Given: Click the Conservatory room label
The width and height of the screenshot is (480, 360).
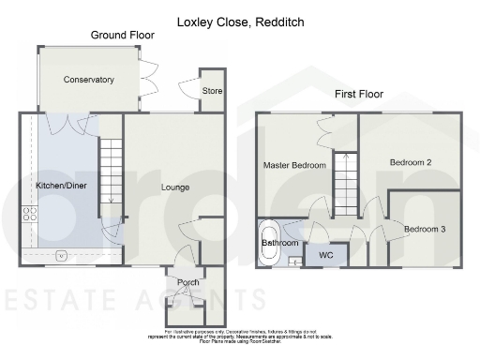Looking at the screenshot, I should [x=88, y=80].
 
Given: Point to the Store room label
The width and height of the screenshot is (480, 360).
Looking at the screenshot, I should [x=213, y=90].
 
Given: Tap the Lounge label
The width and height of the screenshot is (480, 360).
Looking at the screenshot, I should [x=174, y=187].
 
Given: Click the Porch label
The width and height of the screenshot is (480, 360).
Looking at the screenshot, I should [x=188, y=282].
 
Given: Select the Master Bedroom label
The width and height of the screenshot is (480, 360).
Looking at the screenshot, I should [x=294, y=165].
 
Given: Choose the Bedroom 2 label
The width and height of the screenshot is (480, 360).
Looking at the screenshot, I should [x=410, y=162].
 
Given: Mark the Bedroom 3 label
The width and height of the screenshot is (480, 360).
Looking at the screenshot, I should [x=425, y=230].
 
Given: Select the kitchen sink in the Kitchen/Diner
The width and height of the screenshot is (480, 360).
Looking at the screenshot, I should [x=62, y=254].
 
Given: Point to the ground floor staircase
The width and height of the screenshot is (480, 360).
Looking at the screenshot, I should [x=111, y=173].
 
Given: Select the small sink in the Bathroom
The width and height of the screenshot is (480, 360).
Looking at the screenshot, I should [x=293, y=262].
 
